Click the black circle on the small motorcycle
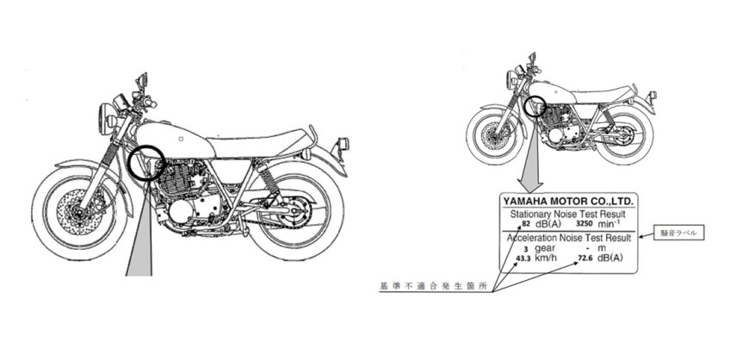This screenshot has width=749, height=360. (535, 107)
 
